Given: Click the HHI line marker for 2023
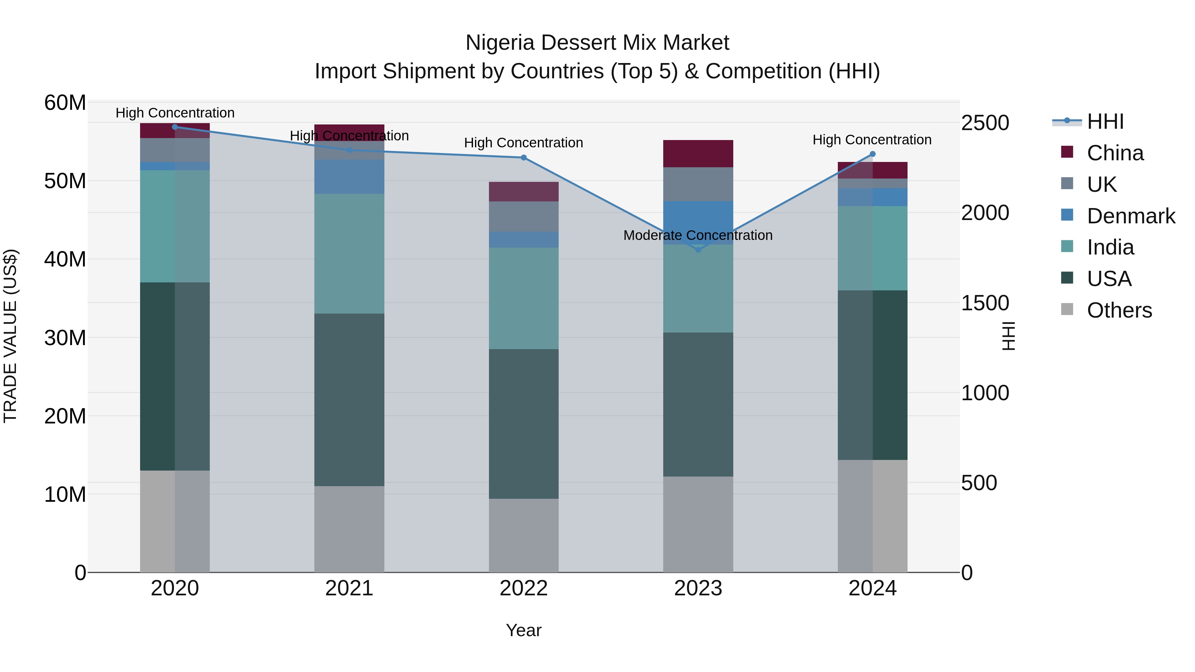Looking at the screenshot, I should click(698, 250).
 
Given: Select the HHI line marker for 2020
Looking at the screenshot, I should click(175, 127).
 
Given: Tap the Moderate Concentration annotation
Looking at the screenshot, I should click(698, 235).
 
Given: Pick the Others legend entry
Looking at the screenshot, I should click(1119, 310).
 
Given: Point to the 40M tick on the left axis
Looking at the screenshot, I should click(65, 259).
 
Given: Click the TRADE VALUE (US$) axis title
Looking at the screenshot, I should click(10, 336).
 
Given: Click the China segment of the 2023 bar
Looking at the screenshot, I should click(698, 154).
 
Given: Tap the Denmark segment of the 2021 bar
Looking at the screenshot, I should click(349, 177).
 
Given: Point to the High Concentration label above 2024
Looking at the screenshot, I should click(872, 140).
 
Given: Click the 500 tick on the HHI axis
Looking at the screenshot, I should click(979, 483).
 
